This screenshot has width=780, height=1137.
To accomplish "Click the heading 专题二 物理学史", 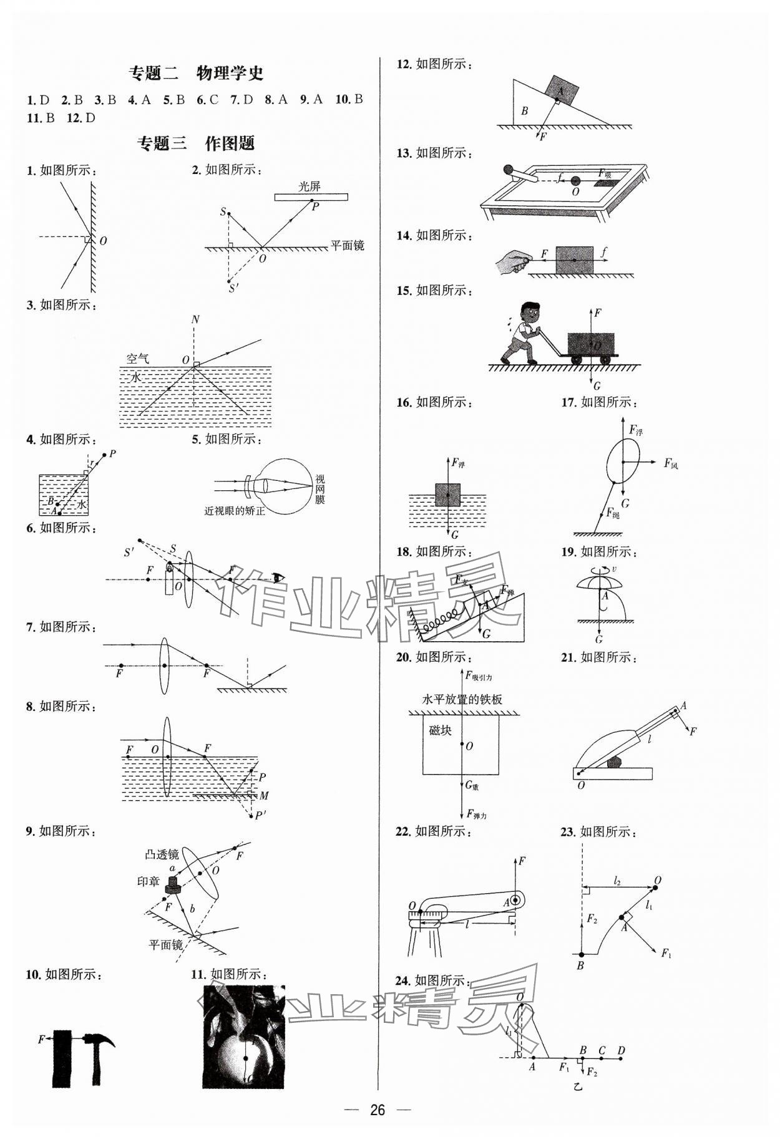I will pyautogui.click(x=196, y=73).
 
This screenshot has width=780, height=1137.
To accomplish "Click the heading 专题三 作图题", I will pyautogui.click(x=196, y=143).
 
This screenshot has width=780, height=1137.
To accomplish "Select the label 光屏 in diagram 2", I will pyautogui.click(x=310, y=186).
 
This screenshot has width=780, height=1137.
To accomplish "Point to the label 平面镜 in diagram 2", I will pyautogui.click(x=347, y=246).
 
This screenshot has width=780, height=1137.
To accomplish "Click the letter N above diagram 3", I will pyautogui.click(x=195, y=320).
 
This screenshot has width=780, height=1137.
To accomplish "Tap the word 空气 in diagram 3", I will pyautogui.click(x=138, y=359).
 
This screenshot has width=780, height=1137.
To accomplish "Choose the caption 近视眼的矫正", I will pyautogui.click(x=235, y=511).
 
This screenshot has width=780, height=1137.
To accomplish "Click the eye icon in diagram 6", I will pyautogui.click(x=277, y=578).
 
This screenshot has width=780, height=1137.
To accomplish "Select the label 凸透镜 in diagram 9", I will pyautogui.click(x=162, y=854).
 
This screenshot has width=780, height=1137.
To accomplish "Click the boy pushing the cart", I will pyautogui.click(x=523, y=332).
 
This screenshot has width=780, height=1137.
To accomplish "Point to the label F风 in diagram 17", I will pyautogui.click(x=671, y=463).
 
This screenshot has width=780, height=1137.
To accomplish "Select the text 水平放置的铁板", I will pyautogui.click(x=462, y=699).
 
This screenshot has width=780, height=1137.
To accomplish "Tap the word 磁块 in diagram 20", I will pyautogui.click(x=441, y=730).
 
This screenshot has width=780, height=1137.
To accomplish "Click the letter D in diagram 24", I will pyautogui.click(x=621, y=1050).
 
